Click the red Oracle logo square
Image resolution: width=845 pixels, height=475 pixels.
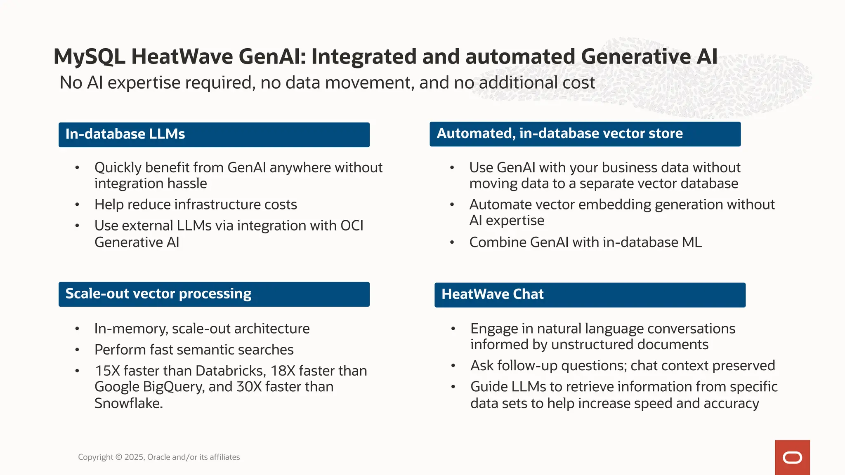click(x=792, y=457)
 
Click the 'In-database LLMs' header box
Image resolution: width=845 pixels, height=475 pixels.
click(x=214, y=134)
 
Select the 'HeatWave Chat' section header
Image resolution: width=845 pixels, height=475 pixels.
click(x=590, y=294)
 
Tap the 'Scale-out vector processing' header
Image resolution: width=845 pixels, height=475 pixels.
click(x=214, y=294)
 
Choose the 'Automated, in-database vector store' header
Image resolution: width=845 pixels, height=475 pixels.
click(x=585, y=134)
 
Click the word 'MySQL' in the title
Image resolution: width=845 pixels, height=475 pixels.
click(x=89, y=56)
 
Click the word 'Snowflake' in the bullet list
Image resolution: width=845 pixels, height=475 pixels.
click(x=127, y=403)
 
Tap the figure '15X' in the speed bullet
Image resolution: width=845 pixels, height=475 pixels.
click(x=107, y=371)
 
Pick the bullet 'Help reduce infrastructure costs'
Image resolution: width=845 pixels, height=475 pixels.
click(x=196, y=205)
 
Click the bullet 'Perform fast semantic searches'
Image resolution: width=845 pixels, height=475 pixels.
click(x=194, y=350)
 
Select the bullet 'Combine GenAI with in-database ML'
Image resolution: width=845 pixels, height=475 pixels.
click(x=585, y=242)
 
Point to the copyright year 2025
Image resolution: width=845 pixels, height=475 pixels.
click(x=134, y=457)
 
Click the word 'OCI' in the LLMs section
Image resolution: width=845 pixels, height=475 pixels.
click(x=352, y=226)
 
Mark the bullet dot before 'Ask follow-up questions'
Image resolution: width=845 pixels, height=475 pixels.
click(x=453, y=366)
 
